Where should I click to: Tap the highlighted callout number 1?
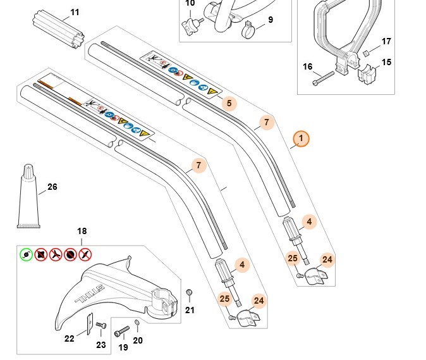301,139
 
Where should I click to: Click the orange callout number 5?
228,102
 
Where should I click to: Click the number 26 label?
52,187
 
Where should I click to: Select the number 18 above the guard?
82,232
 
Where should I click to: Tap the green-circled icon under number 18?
26,254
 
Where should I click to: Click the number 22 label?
70,338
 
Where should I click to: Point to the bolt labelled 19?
121,332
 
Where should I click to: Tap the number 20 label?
138,340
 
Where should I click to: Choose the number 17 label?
386,42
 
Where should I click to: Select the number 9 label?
271,20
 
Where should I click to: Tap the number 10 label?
190,4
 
